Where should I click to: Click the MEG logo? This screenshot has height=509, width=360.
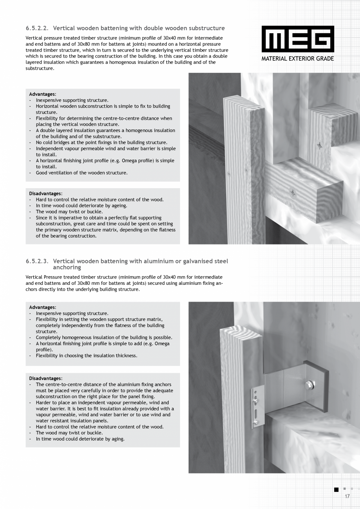298,39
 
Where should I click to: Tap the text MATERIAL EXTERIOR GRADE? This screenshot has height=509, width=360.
298,59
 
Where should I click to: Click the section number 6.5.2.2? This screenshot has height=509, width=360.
37,28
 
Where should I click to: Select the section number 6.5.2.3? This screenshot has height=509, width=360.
37,261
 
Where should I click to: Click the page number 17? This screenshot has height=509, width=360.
347,496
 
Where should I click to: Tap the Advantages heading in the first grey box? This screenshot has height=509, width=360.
42,94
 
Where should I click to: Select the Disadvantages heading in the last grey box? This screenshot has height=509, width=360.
45,378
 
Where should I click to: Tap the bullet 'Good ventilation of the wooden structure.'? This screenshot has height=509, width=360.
81,173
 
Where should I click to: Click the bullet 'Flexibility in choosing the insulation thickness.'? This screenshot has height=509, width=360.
86,356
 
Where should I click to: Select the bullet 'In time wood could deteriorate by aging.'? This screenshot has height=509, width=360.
80,439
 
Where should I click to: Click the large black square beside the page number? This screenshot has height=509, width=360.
336,489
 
